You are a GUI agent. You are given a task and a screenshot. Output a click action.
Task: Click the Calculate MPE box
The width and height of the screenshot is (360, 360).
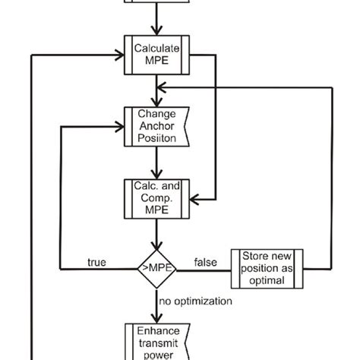click(156, 55)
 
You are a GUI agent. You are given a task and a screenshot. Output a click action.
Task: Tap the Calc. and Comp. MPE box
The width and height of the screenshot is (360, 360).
click(156, 199)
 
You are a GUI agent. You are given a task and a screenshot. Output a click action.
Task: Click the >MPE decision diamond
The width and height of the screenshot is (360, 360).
click(156, 267)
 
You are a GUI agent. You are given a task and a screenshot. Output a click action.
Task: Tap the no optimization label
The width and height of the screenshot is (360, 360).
click(196, 302)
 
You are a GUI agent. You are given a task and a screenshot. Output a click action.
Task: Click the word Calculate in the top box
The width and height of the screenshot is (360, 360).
click(156, 48)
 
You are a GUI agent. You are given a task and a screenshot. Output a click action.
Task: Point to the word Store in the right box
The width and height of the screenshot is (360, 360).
click(253, 257)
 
